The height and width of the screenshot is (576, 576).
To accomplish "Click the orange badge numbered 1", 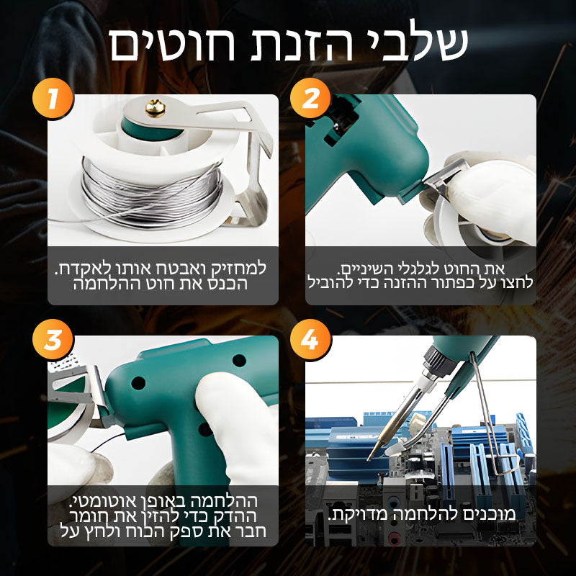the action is (x=53, y=98).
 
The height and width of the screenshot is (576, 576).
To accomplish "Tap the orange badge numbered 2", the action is (x=310, y=98).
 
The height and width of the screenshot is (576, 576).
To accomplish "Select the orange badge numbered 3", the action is (x=53, y=339).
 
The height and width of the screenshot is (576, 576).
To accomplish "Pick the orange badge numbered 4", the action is (x=310, y=339).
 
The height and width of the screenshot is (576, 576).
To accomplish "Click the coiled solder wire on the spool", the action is (x=151, y=194).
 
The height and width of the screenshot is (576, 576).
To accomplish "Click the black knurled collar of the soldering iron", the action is (x=440, y=360).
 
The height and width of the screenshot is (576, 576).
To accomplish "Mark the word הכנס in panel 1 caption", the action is (x=228, y=284).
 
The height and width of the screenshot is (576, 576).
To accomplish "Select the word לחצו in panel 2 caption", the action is (x=518, y=283).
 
